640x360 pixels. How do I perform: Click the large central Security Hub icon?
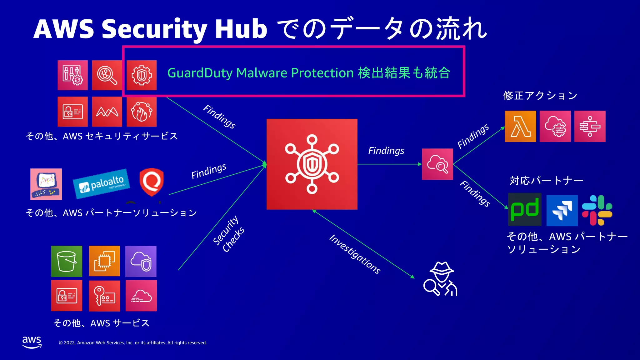coord(312,164)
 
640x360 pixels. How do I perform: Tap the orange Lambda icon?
coord(520,126)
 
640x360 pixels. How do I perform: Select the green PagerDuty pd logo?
coord(525,209)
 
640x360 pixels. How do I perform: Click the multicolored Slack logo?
coord(597,210)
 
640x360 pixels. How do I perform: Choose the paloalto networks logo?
coord(102,184)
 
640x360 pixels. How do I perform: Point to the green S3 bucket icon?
coord(67,261)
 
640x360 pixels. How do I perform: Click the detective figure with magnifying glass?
coord(440,279)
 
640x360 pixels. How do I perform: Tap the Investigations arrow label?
coord(355,254)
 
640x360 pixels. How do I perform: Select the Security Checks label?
coord(229,234)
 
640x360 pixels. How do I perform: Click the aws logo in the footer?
coord(32,342)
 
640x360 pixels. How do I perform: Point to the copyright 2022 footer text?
coord(133,343)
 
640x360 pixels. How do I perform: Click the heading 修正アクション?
coord(540,96)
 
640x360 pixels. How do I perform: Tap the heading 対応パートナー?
coord(546,181)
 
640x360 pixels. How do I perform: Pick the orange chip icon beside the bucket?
coord(104,261)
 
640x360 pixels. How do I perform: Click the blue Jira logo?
coord(562,210)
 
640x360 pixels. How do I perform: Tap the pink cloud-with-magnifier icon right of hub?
coord(437,164)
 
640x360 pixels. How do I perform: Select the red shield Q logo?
coord(152,182)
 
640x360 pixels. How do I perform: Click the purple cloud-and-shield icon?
coord(141,261)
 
